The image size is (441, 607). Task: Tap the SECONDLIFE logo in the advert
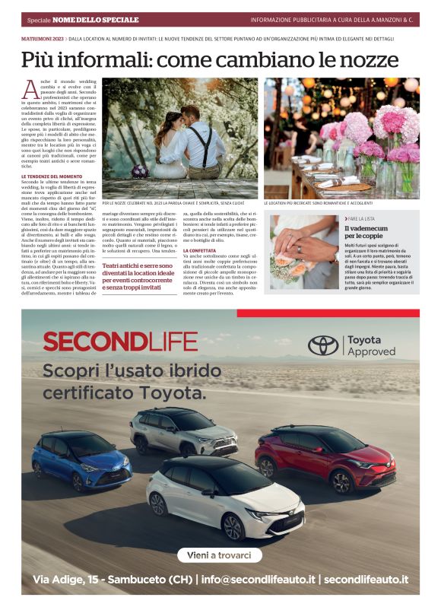[120, 342]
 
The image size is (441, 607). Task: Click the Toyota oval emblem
[322, 345]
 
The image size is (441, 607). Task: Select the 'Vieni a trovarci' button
[219, 555]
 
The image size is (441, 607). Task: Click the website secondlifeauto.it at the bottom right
[366, 580]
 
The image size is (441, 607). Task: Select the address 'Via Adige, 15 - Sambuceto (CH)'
[113, 580]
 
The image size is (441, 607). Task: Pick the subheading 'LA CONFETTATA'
[199, 250]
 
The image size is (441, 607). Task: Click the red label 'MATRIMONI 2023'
[43, 37]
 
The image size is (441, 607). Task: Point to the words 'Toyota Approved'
[371, 346]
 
